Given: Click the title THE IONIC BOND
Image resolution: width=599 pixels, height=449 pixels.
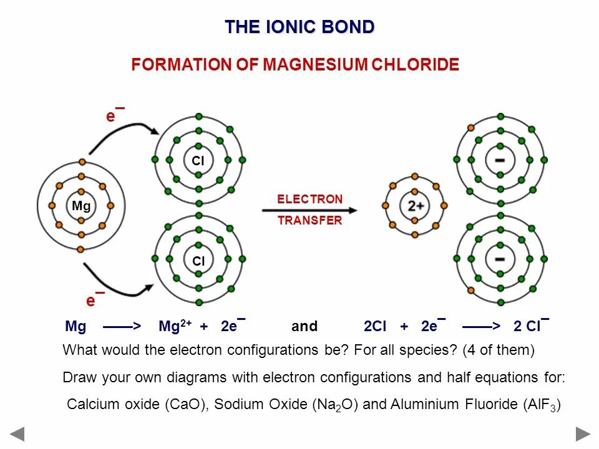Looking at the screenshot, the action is pyautogui.click(x=299, y=27).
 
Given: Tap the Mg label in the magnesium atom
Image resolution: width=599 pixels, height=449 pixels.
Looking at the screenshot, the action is pyautogui.click(x=81, y=206).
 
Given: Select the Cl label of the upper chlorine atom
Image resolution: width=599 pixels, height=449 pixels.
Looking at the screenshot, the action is pyautogui.click(x=198, y=161).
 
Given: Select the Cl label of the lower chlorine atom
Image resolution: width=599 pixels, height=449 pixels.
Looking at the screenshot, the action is pyautogui.click(x=198, y=261).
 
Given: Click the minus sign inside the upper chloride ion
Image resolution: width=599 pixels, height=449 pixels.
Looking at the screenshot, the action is pyautogui.click(x=500, y=160).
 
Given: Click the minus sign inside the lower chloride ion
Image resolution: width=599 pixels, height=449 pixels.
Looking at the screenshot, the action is pyautogui.click(x=500, y=258).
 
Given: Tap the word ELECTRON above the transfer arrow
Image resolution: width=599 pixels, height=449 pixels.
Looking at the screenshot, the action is pyautogui.click(x=310, y=199).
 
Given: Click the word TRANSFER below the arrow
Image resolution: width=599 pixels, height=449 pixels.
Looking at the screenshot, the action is pyautogui.click(x=310, y=220).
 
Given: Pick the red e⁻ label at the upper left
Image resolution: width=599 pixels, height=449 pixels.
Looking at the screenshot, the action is pyautogui.click(x=114, y=115).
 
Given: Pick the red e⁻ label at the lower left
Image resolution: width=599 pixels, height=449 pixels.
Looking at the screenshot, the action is pyautogui.click(x=94, y=300).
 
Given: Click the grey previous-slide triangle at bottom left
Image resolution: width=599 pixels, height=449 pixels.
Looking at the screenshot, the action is pyautogui.click(x=17, y=433).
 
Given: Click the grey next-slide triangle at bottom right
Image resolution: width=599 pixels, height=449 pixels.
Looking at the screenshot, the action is pyautogui.click(x=583, y=433).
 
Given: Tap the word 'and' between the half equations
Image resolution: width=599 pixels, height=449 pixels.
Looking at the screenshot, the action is pyautogui.click(x=304, y=326).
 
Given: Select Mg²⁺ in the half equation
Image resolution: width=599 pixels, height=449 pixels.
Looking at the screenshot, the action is pyautogui.click(x=175, y=326).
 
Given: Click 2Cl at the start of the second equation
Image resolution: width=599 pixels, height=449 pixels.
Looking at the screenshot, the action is pyautogui.click(x=375, y=326).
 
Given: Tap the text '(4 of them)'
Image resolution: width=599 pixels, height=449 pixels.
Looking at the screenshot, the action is pyautogui.click(x=499, y=350).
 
